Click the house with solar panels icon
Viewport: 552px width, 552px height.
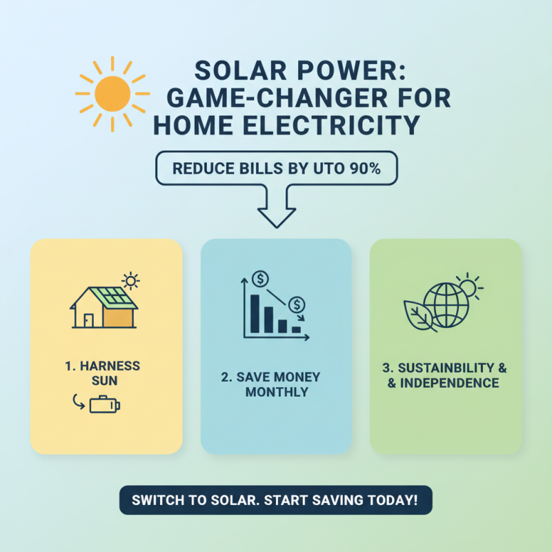click(103, 307)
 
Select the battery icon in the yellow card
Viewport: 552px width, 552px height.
click(105, 404)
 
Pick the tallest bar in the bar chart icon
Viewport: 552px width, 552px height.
click(255, 315)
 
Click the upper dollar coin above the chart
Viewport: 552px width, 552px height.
click(261, 279)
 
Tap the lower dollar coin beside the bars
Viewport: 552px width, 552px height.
click(297, 304)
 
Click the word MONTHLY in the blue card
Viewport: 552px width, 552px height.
click(276, 392)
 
